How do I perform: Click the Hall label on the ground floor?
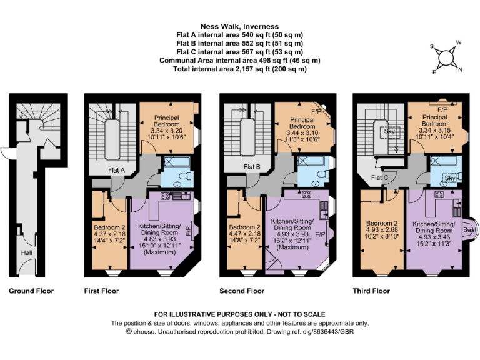point(27,253)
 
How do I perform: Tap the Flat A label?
point(116,170)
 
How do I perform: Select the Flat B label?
point(252,167)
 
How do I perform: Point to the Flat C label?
point(379,177)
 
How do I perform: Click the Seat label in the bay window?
point(469,229)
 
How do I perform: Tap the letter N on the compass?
point(460,70)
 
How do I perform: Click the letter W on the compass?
point(459,42)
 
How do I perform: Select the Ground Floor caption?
point(31,291)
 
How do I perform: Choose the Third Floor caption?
point(371,291)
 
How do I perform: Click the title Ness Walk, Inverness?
point(240,27)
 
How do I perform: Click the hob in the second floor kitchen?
point(306,194)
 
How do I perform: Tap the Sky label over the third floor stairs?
point(389,132)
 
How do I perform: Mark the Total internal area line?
point(240,69)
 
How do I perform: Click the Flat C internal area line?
point(240,52)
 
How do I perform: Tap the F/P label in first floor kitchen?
point(188,229)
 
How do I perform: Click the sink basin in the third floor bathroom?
point(442,183)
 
